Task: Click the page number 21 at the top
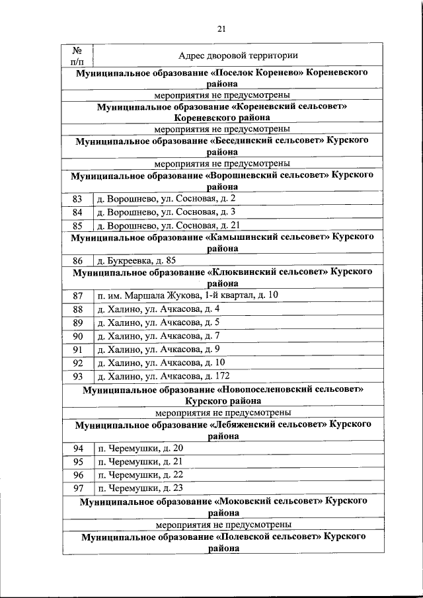221,28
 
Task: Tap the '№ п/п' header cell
77,56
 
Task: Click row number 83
77,199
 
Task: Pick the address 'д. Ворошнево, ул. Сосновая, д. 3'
167,212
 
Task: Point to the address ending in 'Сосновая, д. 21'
169,225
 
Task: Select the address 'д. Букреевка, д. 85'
137,260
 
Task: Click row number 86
77,260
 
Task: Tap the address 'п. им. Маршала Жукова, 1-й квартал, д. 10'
188,295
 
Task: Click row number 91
77,350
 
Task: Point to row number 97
77,489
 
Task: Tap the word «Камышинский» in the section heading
252,236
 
